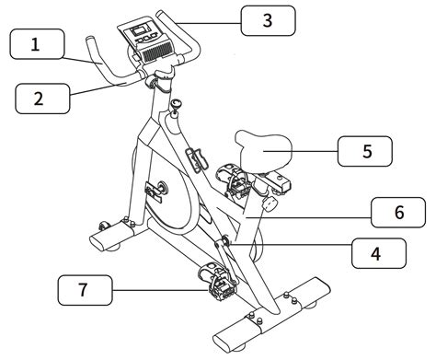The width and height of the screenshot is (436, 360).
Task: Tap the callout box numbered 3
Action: pyautogui.click(x=268, y=20)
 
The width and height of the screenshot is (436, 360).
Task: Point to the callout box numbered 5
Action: pyautogui.click(x=364, y=150)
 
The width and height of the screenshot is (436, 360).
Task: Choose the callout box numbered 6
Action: pyautogui.click(x=397, y=212)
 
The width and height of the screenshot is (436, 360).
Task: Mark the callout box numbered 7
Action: pyautogui.click(x=84, y=292)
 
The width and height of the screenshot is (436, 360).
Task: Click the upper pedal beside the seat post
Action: pyautogui.click(x=230, y=180)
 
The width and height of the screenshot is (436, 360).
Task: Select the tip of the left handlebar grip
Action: pyautogui.click(x=90, y=41)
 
